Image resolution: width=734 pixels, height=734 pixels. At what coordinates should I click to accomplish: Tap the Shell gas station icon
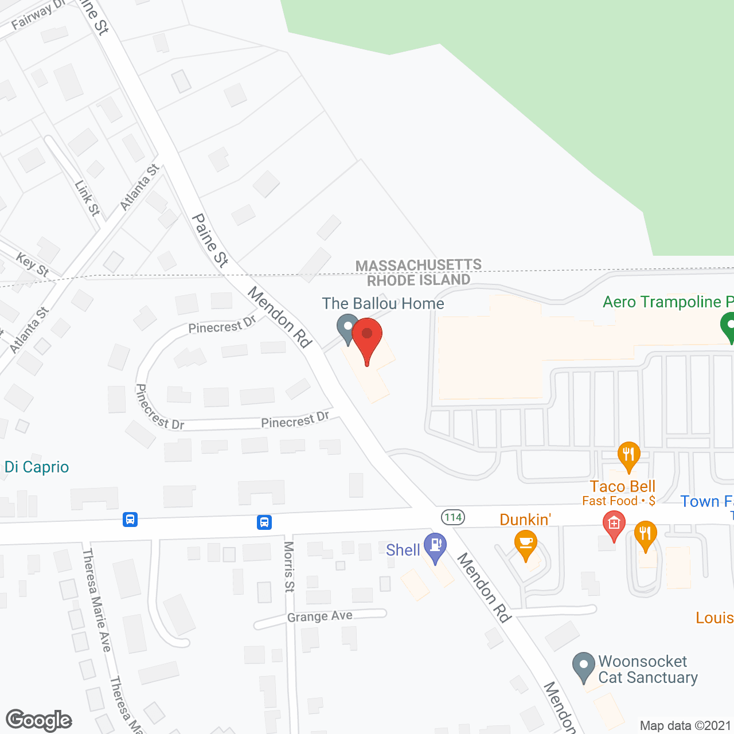[x=435, y=545]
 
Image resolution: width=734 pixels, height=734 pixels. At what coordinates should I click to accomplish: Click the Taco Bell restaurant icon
[x=629, y=456]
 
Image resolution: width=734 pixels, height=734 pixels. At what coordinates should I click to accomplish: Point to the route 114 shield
[x=452, y=517]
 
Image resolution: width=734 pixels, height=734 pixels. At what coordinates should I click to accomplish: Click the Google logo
[x=39, y=720]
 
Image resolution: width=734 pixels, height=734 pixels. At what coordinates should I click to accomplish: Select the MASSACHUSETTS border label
[x=419, y=266]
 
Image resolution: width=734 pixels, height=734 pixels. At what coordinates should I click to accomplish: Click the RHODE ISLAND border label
[x=419, y=280]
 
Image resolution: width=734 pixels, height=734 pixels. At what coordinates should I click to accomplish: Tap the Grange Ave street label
[x=320, y=616]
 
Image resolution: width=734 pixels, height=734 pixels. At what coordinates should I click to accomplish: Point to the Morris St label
[x=289, y=567]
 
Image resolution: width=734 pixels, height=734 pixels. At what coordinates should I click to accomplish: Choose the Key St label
[x=33, y=264]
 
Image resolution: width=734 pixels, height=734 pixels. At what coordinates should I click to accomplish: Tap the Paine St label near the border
[x=210, y=240]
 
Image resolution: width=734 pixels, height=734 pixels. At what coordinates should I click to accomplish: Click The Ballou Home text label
[x=383, y=303]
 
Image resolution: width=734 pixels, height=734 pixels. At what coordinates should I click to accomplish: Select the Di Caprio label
[x=37, y=467]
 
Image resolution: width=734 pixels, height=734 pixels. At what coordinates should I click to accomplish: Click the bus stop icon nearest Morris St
[x=264, y=522]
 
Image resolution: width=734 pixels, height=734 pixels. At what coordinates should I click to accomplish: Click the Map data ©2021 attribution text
[x=686, y=725]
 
